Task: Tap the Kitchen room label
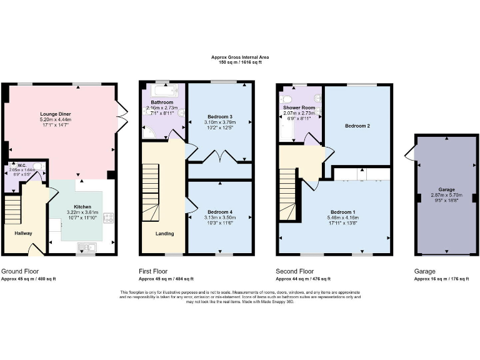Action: (x=82, y=206)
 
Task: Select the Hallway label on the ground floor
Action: (x=23, y=233)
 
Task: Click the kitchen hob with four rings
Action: (x=108, y=218)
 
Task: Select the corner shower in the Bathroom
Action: (x=149, y=132)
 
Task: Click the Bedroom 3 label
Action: (x=219, y=117)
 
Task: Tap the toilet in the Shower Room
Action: (x=287, y=99)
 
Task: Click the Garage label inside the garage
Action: (x=446, y=189)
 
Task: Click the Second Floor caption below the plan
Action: (x=294, y=272)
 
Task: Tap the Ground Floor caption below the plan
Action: (x=21, y=272)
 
